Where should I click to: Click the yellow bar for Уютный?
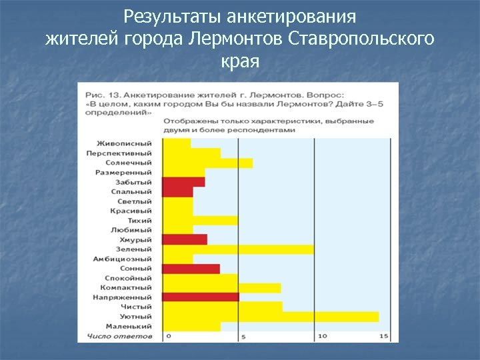click(x=270, y=317)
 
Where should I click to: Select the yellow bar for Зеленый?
click(x=237, y=249)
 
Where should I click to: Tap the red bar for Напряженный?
click(x=200, y=297)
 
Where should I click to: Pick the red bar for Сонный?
click(x=191, y=269)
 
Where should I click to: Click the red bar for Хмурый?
click(x=184, y=239)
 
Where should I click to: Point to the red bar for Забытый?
click(x=183, y=182)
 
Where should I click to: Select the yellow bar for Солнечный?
click(x=207, y=163)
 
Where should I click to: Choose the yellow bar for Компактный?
click(x=221, y=288)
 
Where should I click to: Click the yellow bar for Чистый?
click(x=222, y=307)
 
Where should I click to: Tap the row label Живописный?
click(x=124, y=143)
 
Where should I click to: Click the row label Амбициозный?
click(x=123, y=259)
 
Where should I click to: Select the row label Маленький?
click(x=127, y=327)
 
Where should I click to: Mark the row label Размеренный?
click(x=123, y=172)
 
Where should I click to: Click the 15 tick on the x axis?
click(x=383, y=336)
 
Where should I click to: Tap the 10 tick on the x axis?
click(x=322, y=336)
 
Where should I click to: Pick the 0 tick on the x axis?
click(x=169, y=336)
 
